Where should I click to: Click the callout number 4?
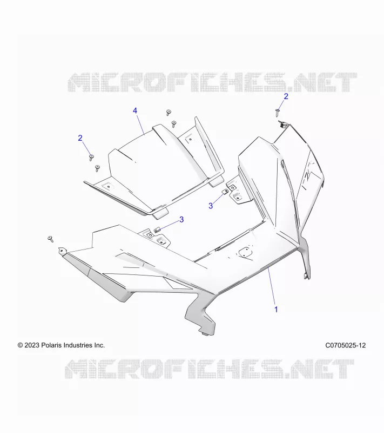tap(135, 111)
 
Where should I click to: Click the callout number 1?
tap(277, 310)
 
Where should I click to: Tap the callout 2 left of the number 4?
tap(80, 138)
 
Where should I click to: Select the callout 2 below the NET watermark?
tap(286, 96)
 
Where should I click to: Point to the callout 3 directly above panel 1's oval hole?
tap(211, 206)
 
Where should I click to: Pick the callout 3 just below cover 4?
tap(181, 220)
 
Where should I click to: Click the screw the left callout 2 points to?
tap(91, 158)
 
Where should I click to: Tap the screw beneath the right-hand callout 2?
tap(278, 113)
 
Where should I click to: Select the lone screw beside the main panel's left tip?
tap(51, 239)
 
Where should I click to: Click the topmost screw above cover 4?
tap(169, 113)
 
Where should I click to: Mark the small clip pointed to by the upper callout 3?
tap(225, 192)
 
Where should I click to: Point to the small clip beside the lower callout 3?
tap(157, 229)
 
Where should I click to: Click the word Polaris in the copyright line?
tap(51, 345)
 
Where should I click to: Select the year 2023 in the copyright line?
tap(32, 345)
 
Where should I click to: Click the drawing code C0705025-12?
tap(346, 345)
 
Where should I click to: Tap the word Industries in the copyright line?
tap(79, 345)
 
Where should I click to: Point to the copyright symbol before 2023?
tap(21, 345)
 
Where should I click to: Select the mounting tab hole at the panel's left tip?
tap(62, 251)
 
